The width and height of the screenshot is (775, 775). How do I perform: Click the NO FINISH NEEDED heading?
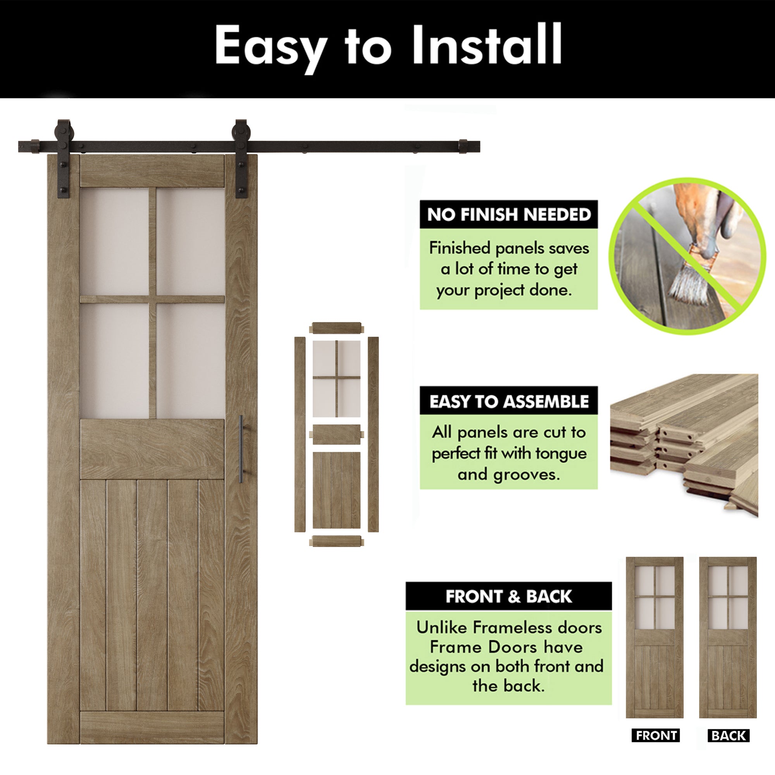click(x=509, y=215)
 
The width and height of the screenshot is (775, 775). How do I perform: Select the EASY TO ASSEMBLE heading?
click(x=509, y=401)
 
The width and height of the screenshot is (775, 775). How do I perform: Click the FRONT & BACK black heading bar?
click(x=509, y=596)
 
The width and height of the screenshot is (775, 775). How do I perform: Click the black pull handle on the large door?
click(x=241, y=449)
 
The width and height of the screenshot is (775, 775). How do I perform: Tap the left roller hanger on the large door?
click(x=64, y=158)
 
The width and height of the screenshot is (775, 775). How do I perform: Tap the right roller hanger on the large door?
click(x=241, y=158)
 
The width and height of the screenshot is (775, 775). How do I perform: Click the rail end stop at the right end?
click(x=463, y=146)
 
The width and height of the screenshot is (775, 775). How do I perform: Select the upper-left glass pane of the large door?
click(x=115, y=242)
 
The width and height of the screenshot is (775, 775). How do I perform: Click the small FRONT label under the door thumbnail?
click(x=656, y=735)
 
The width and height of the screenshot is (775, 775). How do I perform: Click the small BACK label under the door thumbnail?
click(x=728, y=735)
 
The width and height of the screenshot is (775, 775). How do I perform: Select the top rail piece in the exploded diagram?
click(x=337, y=328)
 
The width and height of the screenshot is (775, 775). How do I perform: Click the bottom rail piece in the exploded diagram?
click(x=337, y=541)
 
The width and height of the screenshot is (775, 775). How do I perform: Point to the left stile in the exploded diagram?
click(x=300, y=434)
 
